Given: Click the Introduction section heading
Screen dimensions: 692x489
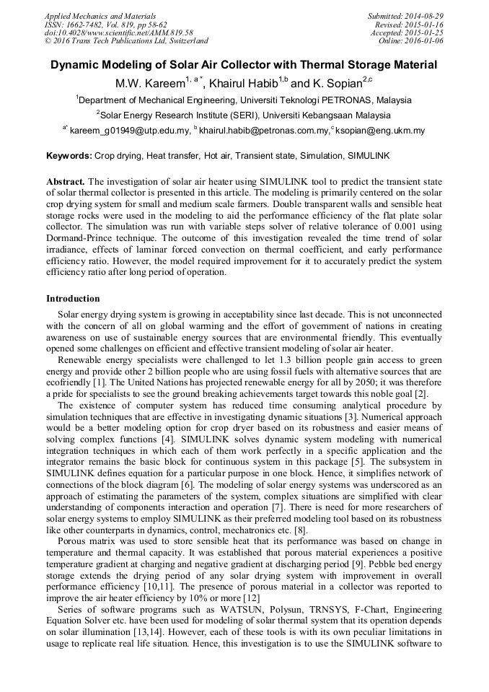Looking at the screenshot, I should tap(73, 298).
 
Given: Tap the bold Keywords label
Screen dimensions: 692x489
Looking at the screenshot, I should tap(69, 155).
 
